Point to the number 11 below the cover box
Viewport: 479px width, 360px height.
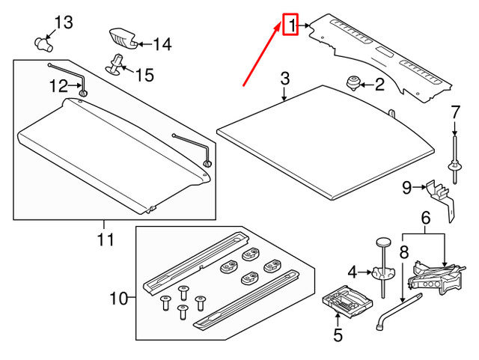106,240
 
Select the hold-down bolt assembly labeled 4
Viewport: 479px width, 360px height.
382,266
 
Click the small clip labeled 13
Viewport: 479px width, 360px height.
44,40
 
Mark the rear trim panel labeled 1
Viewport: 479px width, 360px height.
382,56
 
